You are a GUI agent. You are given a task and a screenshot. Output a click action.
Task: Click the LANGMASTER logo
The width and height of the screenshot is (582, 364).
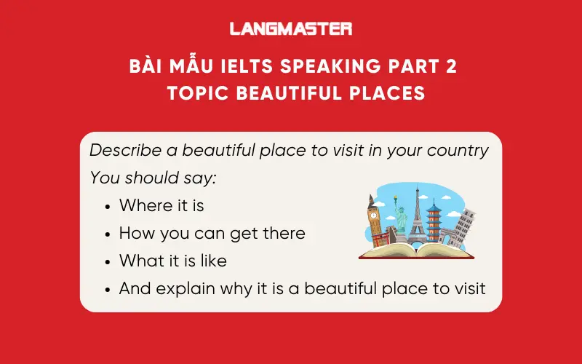290,28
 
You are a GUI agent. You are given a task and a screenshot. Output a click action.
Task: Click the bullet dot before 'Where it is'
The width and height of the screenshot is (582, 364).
108,207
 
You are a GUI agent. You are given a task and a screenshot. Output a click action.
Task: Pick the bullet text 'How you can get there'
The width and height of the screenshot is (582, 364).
212,234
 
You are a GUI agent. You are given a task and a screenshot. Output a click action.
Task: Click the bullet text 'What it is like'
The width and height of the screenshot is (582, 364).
172,261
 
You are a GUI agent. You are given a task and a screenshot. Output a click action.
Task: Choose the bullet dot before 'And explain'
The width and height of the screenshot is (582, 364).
108,289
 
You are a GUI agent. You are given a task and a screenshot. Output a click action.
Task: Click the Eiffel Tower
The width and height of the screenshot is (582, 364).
416,215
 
